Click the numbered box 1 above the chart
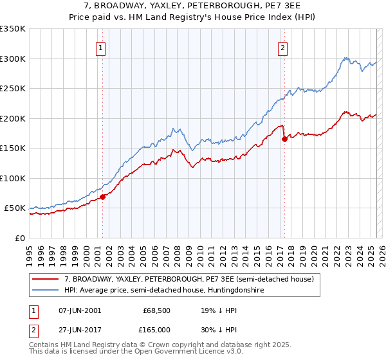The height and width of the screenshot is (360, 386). (x=102, y=46)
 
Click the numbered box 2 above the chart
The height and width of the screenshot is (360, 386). (x=283, y=46)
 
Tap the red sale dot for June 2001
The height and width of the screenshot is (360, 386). (x=102, y=197)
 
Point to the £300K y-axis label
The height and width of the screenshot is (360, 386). (x=12, y=59)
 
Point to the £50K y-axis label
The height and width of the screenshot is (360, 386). (x=15, y=208)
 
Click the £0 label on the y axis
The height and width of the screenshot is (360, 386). (x=20, y=238)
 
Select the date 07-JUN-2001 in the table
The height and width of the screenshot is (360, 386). (x=79, y=310)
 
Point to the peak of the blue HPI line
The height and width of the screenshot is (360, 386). (x=346, y=58)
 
